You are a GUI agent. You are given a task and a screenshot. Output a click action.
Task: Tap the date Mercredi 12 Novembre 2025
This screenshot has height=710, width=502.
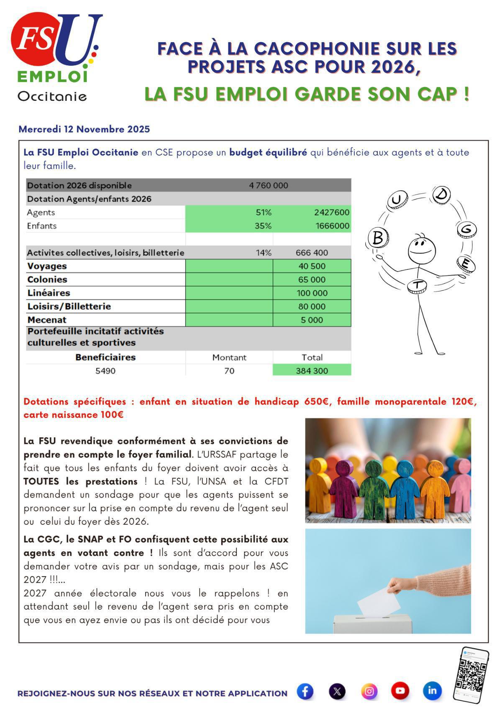coord(84,129)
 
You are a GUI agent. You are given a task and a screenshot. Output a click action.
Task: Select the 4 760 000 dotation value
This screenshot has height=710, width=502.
coord(268,185)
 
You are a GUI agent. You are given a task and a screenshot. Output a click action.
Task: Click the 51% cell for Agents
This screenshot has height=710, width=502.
coord(264,213)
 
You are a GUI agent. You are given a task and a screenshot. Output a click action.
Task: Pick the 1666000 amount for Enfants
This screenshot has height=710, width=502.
coord(332,226)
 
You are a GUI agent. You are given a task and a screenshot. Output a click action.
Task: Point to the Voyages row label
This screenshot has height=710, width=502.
coord(47,266)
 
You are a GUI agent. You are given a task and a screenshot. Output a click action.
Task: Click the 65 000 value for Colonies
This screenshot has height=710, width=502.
coord(312,279)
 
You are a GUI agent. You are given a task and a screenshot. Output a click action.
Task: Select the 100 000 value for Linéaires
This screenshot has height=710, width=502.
coord(312,293)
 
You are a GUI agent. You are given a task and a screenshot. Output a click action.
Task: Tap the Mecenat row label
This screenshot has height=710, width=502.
coord(47,320)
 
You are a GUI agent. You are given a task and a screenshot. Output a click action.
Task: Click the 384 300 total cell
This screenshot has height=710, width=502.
coord(312,371)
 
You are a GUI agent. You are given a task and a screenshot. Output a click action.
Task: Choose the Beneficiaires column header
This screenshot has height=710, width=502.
coord(105,357)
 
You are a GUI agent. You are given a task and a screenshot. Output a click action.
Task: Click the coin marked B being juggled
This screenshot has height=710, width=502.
coord(378,238)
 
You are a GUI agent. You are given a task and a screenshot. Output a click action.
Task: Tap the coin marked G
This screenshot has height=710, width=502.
coord(467,229)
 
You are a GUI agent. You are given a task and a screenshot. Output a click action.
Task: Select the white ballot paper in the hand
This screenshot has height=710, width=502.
coord(379,602)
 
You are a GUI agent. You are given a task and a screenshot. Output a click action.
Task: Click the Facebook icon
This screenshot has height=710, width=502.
coord(305,691)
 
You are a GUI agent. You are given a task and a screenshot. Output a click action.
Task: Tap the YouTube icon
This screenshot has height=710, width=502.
coord(400,690)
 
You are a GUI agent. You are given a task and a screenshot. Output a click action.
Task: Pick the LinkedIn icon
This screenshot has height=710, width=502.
coord(432,690)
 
